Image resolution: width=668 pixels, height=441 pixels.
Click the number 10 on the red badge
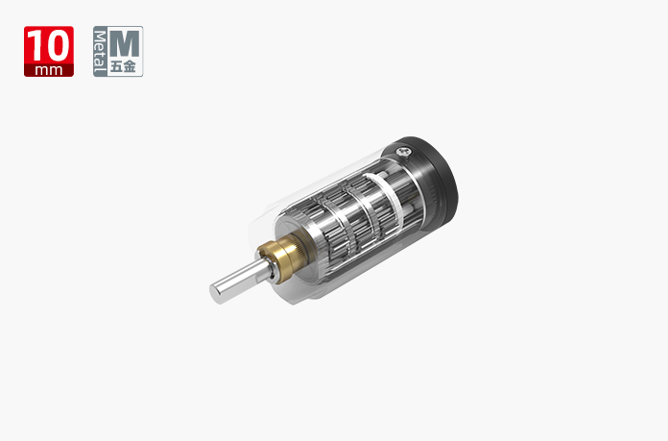pos(49,45)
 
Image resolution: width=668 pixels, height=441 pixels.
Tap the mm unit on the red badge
pos(49,70)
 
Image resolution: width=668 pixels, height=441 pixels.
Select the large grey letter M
pos(125,43)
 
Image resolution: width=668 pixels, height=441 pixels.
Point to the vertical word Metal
pos(100,51)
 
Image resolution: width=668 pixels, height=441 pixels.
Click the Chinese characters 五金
pos(123,66)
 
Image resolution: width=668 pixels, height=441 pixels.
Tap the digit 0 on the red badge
pos(58,45)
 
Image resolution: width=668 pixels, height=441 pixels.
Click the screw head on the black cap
pos(403,151)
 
